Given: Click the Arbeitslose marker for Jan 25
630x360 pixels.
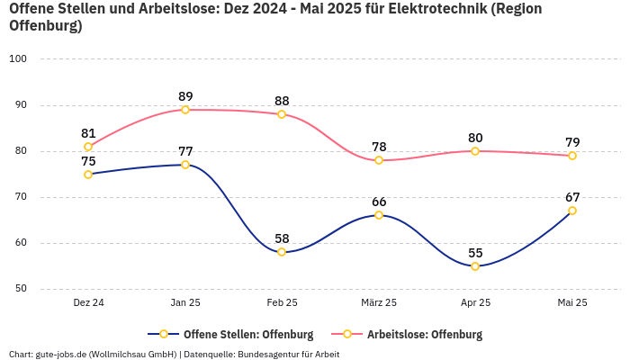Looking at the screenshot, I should point(185,110).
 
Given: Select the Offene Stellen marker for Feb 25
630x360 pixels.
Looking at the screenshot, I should point(282,252).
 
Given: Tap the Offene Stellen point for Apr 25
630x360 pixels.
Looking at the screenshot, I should point(475,266).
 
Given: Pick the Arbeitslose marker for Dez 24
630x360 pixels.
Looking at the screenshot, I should point(88,147).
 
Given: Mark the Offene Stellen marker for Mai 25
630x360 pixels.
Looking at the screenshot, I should point(572,211).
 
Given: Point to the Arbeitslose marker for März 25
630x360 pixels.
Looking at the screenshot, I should point(379,160).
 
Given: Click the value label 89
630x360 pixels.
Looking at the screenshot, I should point(185,96).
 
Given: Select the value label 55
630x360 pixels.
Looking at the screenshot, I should point(475,253).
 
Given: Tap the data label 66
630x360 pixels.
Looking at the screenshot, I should point(379,202).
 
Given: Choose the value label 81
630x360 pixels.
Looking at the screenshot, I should point(88,133).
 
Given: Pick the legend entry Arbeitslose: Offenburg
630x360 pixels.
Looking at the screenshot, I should point(425,335).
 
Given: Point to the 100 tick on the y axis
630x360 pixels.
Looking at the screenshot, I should point(18,58).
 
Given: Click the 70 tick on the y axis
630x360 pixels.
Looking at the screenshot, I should point(21,197).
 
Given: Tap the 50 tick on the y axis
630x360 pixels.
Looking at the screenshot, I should point(21,289).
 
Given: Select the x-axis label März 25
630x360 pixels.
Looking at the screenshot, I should point(379,303).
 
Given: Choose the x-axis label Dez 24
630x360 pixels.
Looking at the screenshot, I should point(88,303).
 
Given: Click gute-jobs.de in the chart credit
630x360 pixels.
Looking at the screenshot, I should point(59,354).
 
